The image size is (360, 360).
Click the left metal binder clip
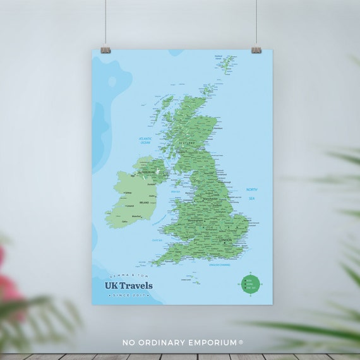(x=105, y=49)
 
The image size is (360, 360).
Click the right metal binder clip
(x=256, y=49)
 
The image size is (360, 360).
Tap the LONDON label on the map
(x=225, y=241)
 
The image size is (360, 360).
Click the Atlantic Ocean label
(x=149, y=142)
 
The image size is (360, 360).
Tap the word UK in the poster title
(x=112, y=285)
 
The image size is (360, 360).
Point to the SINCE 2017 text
(x=129, y=295)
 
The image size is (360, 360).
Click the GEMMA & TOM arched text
(x=129, y=277)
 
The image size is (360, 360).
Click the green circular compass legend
(x=250, y=283)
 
